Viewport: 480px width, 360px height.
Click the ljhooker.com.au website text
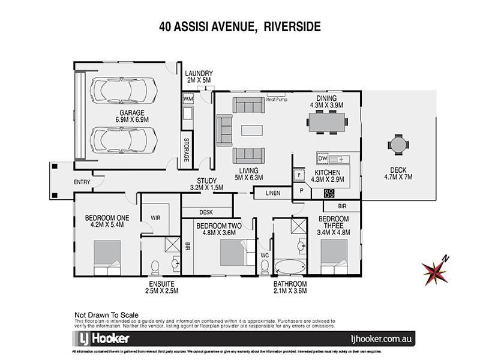(x=398, y=338)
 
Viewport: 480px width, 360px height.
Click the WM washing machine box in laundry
(x=187, y=98)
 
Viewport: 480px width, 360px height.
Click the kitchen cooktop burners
(x=329, y=193)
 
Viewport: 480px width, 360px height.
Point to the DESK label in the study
(x=206, y=211)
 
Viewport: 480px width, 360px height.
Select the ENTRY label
(x=82, y=182)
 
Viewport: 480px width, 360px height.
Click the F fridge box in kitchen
(x=299, y=175)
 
